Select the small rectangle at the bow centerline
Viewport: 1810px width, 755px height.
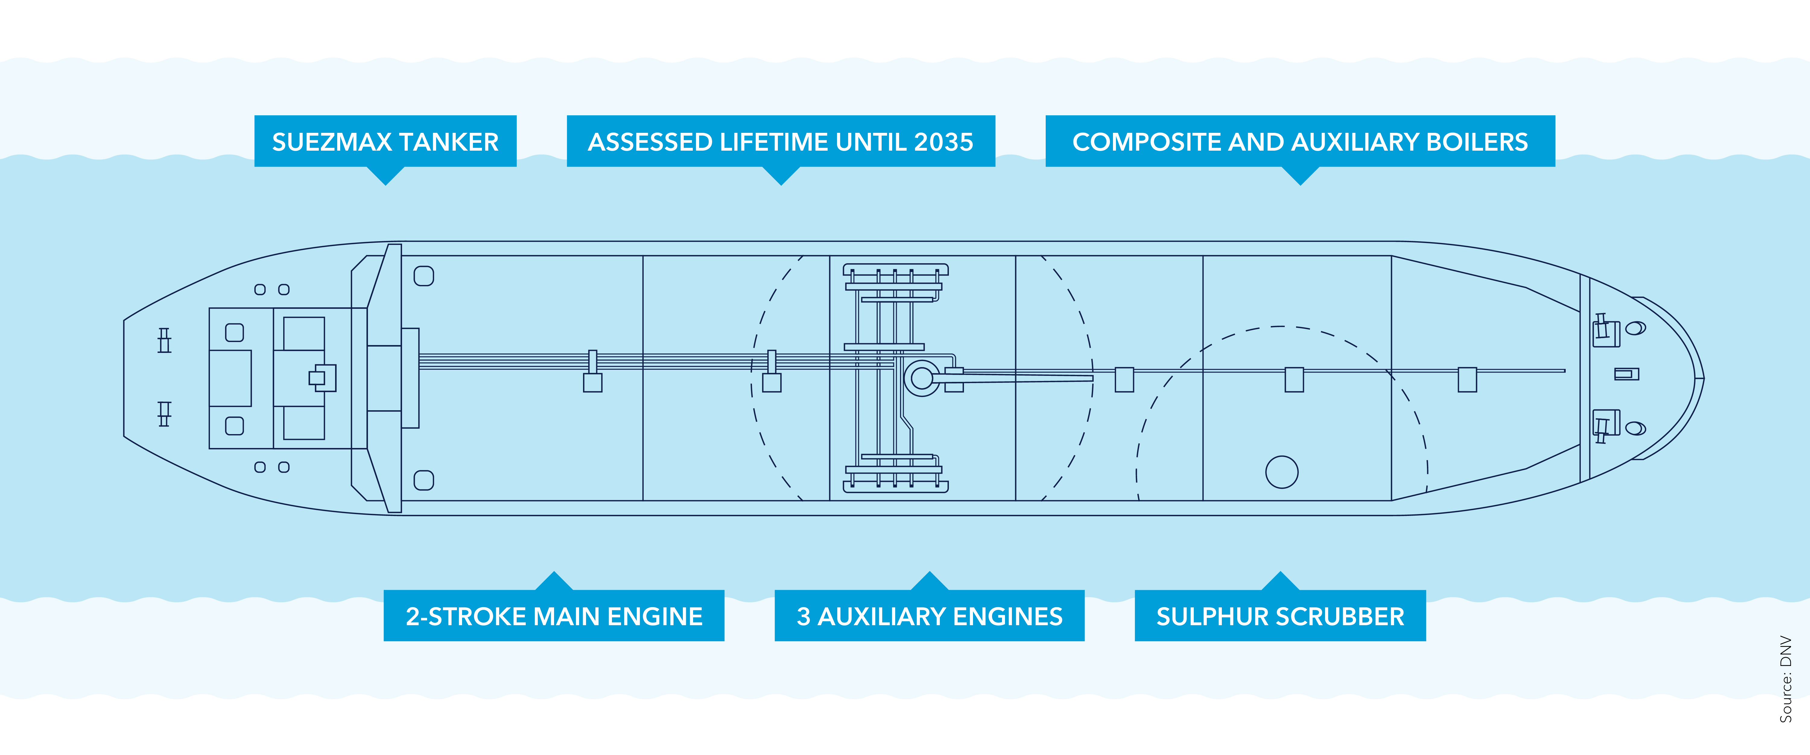click(1626, 374)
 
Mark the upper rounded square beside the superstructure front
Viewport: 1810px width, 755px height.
click(424, 276)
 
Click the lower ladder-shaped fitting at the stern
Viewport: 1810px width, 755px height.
click(164, 414)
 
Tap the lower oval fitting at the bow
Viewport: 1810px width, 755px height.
click(1636, 428)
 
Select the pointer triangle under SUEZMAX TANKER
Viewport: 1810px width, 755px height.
click(385, 176)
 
